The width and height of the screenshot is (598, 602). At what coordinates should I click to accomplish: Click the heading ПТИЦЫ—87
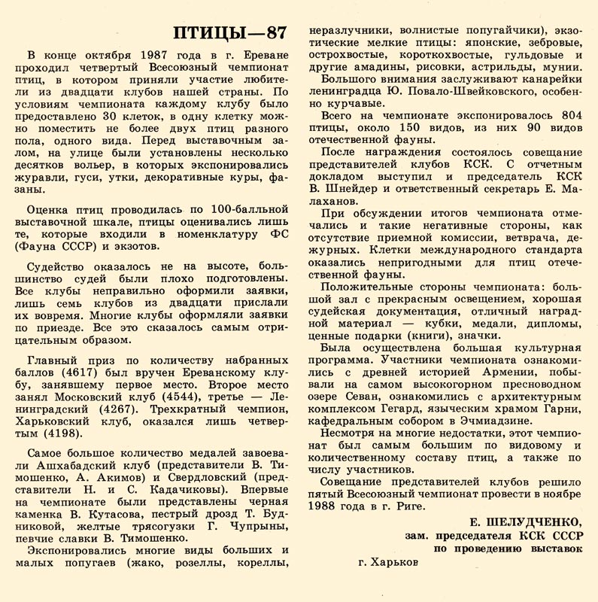(229, 32)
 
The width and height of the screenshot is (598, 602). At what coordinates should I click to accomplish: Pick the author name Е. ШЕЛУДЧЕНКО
(526, 521)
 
